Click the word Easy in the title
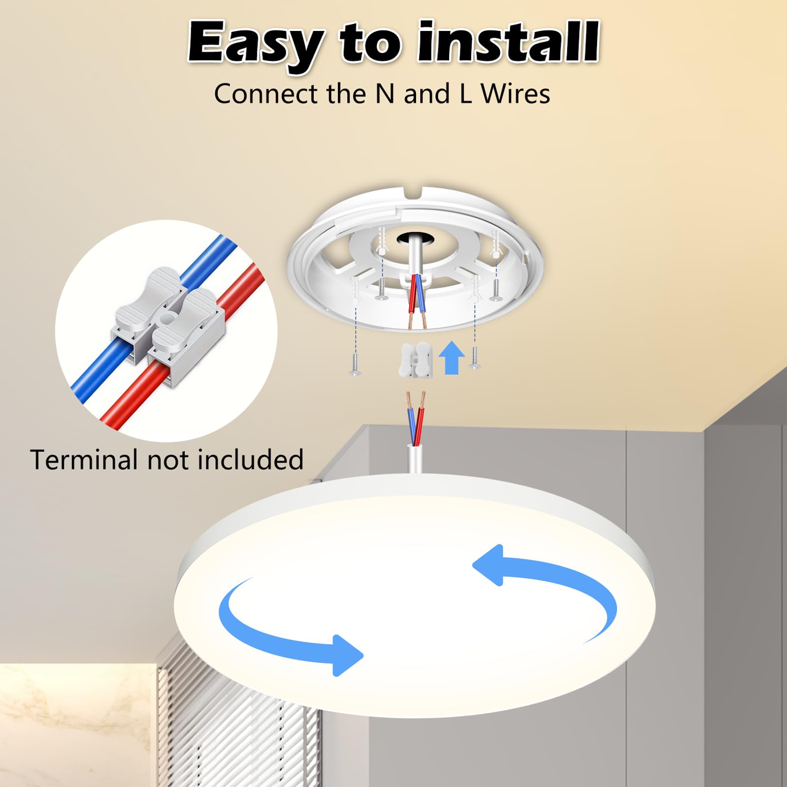(256, 43)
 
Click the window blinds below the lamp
(236, 728)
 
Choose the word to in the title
(370, 43)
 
